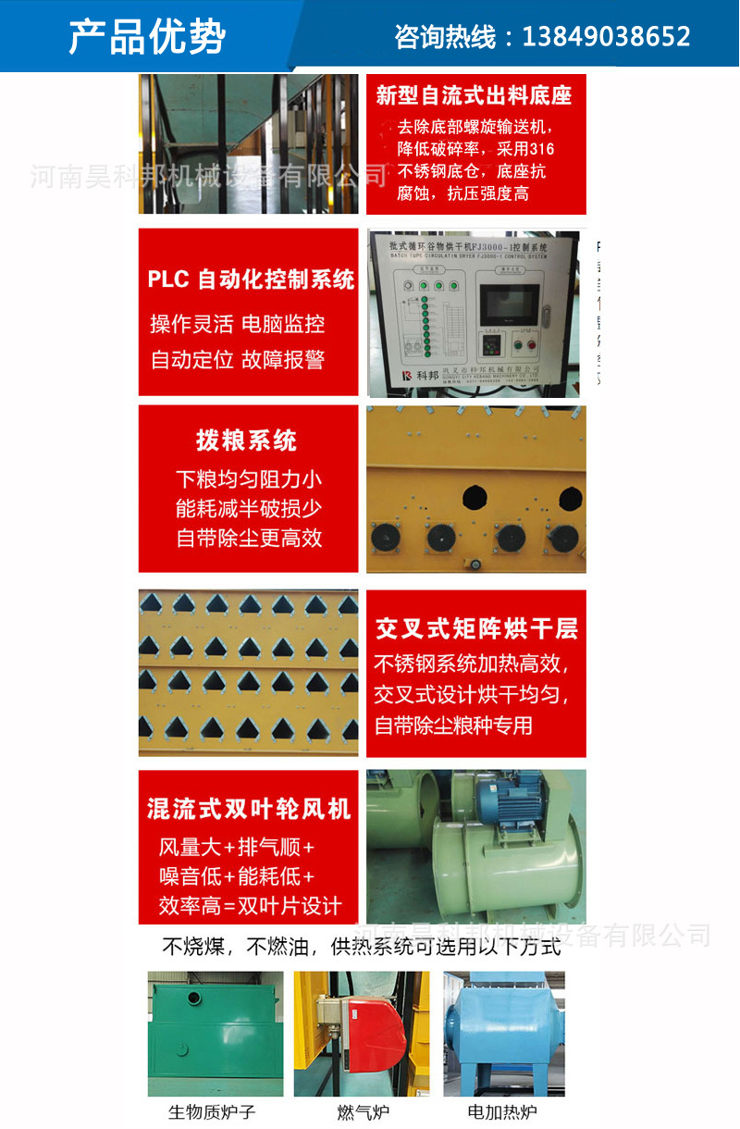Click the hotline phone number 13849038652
point(607,37)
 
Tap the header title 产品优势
point(147,37)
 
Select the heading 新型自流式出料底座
point(474,95)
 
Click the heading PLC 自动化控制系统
point(251,279)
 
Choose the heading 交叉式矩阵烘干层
point(476,629)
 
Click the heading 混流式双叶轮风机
point(249,809)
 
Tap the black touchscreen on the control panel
point(509,303)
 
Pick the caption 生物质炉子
point(211,1111)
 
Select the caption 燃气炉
point(364,1111)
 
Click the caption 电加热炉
point(502,1111)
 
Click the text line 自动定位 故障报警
point(238,360)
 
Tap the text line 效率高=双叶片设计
point(250,905)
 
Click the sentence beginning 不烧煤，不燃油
point(362,947)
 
